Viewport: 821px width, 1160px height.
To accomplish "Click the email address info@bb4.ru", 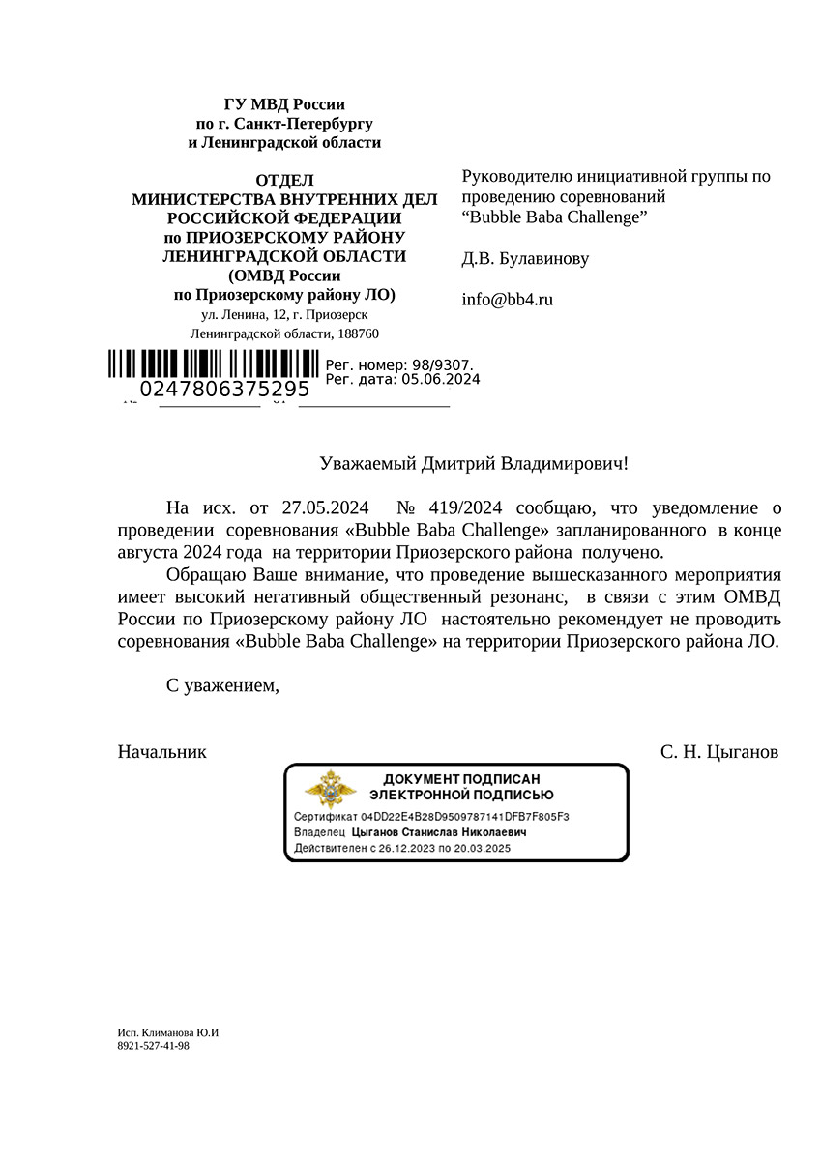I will (x=508, y=300).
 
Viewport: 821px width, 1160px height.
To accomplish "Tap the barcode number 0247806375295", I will (x=224, y=390).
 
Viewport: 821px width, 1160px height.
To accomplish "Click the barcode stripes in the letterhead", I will (x=213, y=363).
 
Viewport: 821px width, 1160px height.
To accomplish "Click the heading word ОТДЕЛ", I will (x=284, y=180).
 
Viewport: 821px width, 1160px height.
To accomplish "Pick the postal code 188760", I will (x=357, y=333).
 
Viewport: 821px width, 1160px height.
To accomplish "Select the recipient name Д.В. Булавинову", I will (x=525, y=259).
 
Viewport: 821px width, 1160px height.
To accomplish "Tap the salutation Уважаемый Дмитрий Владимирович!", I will (x=473, y=464).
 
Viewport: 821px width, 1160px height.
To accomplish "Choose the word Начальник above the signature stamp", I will (x=162, y=751).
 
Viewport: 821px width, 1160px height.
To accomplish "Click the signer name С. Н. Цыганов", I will (x=718, y=751).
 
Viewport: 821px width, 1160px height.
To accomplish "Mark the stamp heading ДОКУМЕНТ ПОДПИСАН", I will (x=461, y=779).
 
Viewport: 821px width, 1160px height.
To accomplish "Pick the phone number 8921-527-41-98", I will (x=153, y=1046).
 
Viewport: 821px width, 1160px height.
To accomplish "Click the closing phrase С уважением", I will (x=222, y=686).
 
